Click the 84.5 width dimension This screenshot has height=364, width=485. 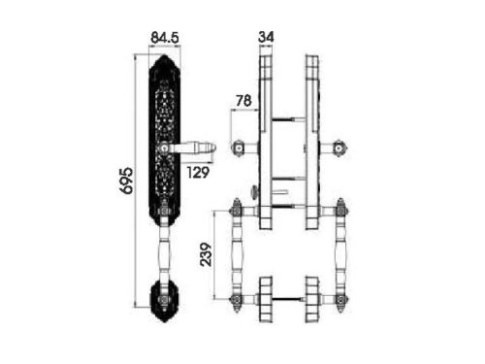165,38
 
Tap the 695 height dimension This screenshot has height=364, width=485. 126,181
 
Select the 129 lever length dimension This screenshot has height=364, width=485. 198,172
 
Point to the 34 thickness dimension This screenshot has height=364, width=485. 266,37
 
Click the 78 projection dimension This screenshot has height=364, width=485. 243,101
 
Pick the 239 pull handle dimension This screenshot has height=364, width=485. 206,254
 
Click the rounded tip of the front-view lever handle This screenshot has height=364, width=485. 211,149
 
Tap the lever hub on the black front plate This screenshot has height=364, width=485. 165,149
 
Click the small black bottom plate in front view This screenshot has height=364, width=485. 165,300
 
